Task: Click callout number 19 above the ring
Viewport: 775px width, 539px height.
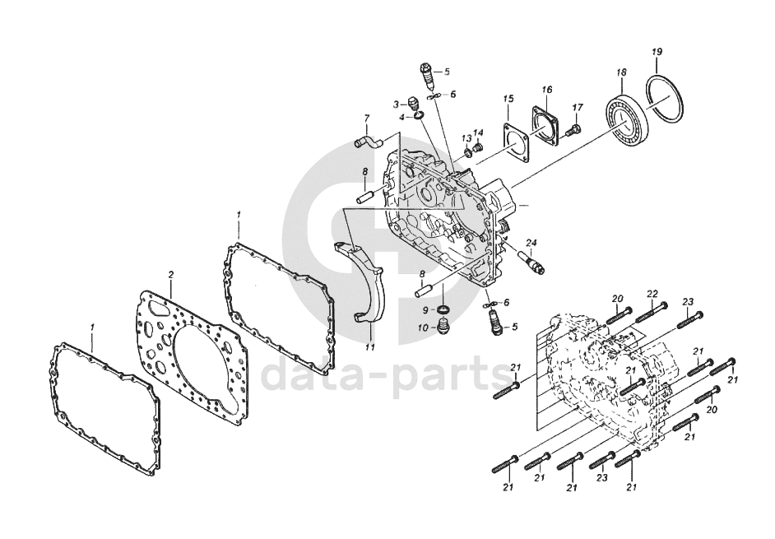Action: tap(657, 53)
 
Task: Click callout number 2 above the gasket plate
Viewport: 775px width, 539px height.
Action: tap(171, 273)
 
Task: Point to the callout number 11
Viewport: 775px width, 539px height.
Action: tap(370, 347)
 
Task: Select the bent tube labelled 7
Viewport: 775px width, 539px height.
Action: tap(369, 144)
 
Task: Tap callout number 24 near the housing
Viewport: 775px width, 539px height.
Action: tap(531, 243)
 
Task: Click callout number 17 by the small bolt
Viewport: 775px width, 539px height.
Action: tap(578, 107)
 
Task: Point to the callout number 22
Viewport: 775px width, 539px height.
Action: tap(652, 294)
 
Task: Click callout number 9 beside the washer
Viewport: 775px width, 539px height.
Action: tap(426, 309)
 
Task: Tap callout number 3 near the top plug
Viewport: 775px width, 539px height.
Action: tap(396, 105)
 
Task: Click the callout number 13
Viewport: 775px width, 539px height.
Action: tap(465, 137)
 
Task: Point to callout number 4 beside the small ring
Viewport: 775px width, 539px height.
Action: tap(402, 118)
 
